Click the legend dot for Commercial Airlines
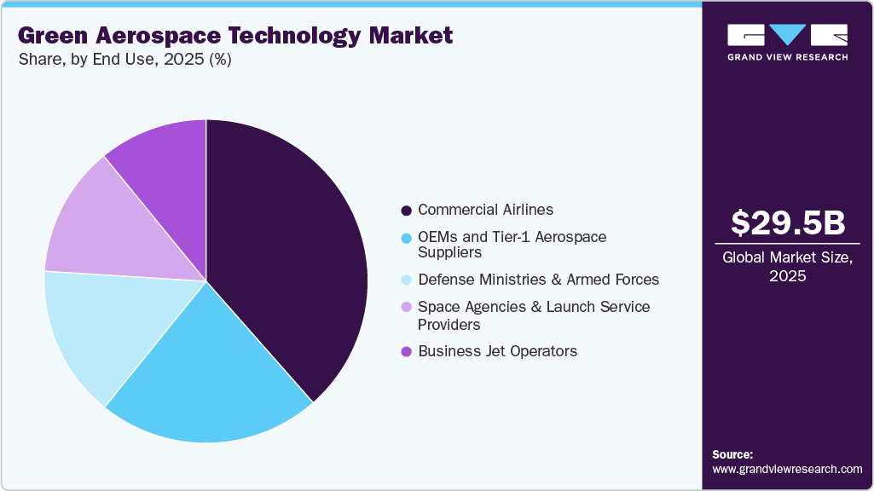point(407,210)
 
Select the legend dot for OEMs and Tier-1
point(407,237)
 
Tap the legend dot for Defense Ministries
point(407,280)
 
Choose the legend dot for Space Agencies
point(407,307)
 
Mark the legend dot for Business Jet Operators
point(407,351)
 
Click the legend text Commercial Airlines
point(485,210)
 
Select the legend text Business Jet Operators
point(497,351)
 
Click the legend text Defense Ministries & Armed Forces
point(538,280)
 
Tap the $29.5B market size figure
point(788,222)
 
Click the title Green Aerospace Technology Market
point(234,36)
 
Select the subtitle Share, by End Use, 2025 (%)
point(124,60)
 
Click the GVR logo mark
point(787,35)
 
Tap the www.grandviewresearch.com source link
point(787,469)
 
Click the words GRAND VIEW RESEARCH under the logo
point(787,57)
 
